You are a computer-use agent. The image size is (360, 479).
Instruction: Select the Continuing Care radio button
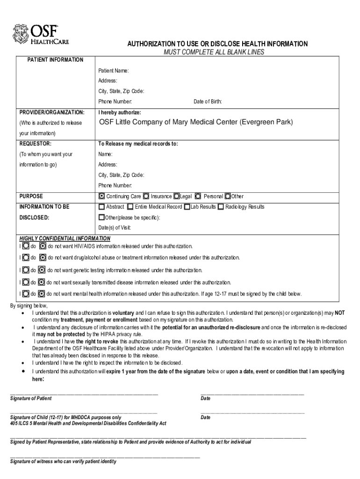click(102, 196)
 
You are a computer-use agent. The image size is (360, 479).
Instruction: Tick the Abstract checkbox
click(101, 207)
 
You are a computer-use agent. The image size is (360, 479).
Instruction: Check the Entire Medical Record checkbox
click(130, 207)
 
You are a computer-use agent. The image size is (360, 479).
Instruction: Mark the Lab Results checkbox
click(187, 207)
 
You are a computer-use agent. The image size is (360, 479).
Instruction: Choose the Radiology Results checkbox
click(220, 207)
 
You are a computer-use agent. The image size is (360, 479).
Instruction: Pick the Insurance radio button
click(146, 196)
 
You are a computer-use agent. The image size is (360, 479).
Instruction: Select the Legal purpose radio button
click(176, 196)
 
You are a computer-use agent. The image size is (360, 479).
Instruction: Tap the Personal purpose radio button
click(198, 196)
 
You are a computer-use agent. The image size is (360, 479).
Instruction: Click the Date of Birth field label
click(208, 102)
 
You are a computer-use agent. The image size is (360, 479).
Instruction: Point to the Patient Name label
click(113, 71)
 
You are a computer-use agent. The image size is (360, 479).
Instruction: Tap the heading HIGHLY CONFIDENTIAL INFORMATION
click(65, 238)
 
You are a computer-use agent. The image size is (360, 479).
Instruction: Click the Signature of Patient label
click(31, 399)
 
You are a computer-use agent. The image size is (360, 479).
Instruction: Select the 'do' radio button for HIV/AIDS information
click(26, 246)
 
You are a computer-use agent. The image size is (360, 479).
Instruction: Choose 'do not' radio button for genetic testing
click(42, 270)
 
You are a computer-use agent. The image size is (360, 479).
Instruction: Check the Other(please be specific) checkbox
click(101, 218)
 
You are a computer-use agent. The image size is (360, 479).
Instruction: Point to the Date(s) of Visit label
click(115, 228)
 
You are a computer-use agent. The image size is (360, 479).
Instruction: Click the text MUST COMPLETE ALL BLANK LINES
click(214, 52)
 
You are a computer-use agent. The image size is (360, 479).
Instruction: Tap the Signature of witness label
click(63, 461)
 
